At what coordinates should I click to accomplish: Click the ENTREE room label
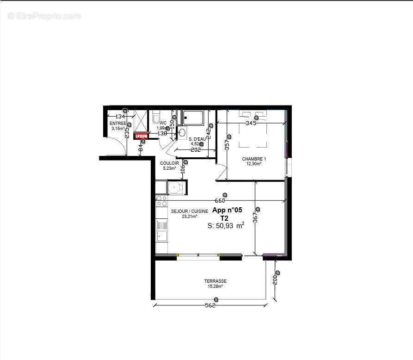click(x=117, y=124)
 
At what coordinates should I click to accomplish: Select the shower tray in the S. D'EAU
click(x=192, y=118)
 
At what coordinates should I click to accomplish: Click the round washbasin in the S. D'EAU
click(x=182, y=133)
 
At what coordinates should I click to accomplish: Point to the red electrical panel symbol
click(x=141, y=136)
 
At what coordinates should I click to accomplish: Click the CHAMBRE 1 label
click(x=254, y=159)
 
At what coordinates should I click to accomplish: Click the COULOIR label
click(x=170, y=163)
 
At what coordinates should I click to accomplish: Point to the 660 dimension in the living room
click(x=220, y=200)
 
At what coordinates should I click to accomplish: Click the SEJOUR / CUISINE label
click(x=186, y=211)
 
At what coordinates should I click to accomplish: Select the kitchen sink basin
click(x=161, y=236)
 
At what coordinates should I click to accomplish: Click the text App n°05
click(x=227, y=210)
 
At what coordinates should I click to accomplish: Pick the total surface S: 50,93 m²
click(x=226, y=226)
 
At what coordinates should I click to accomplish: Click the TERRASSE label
click(x=216, y=281)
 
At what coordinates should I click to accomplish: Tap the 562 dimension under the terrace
click(x=210, y=305)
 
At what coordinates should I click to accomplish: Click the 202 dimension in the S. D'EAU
click(x=196, y=149)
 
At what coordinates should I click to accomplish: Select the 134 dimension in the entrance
click(x=120, y=116)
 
